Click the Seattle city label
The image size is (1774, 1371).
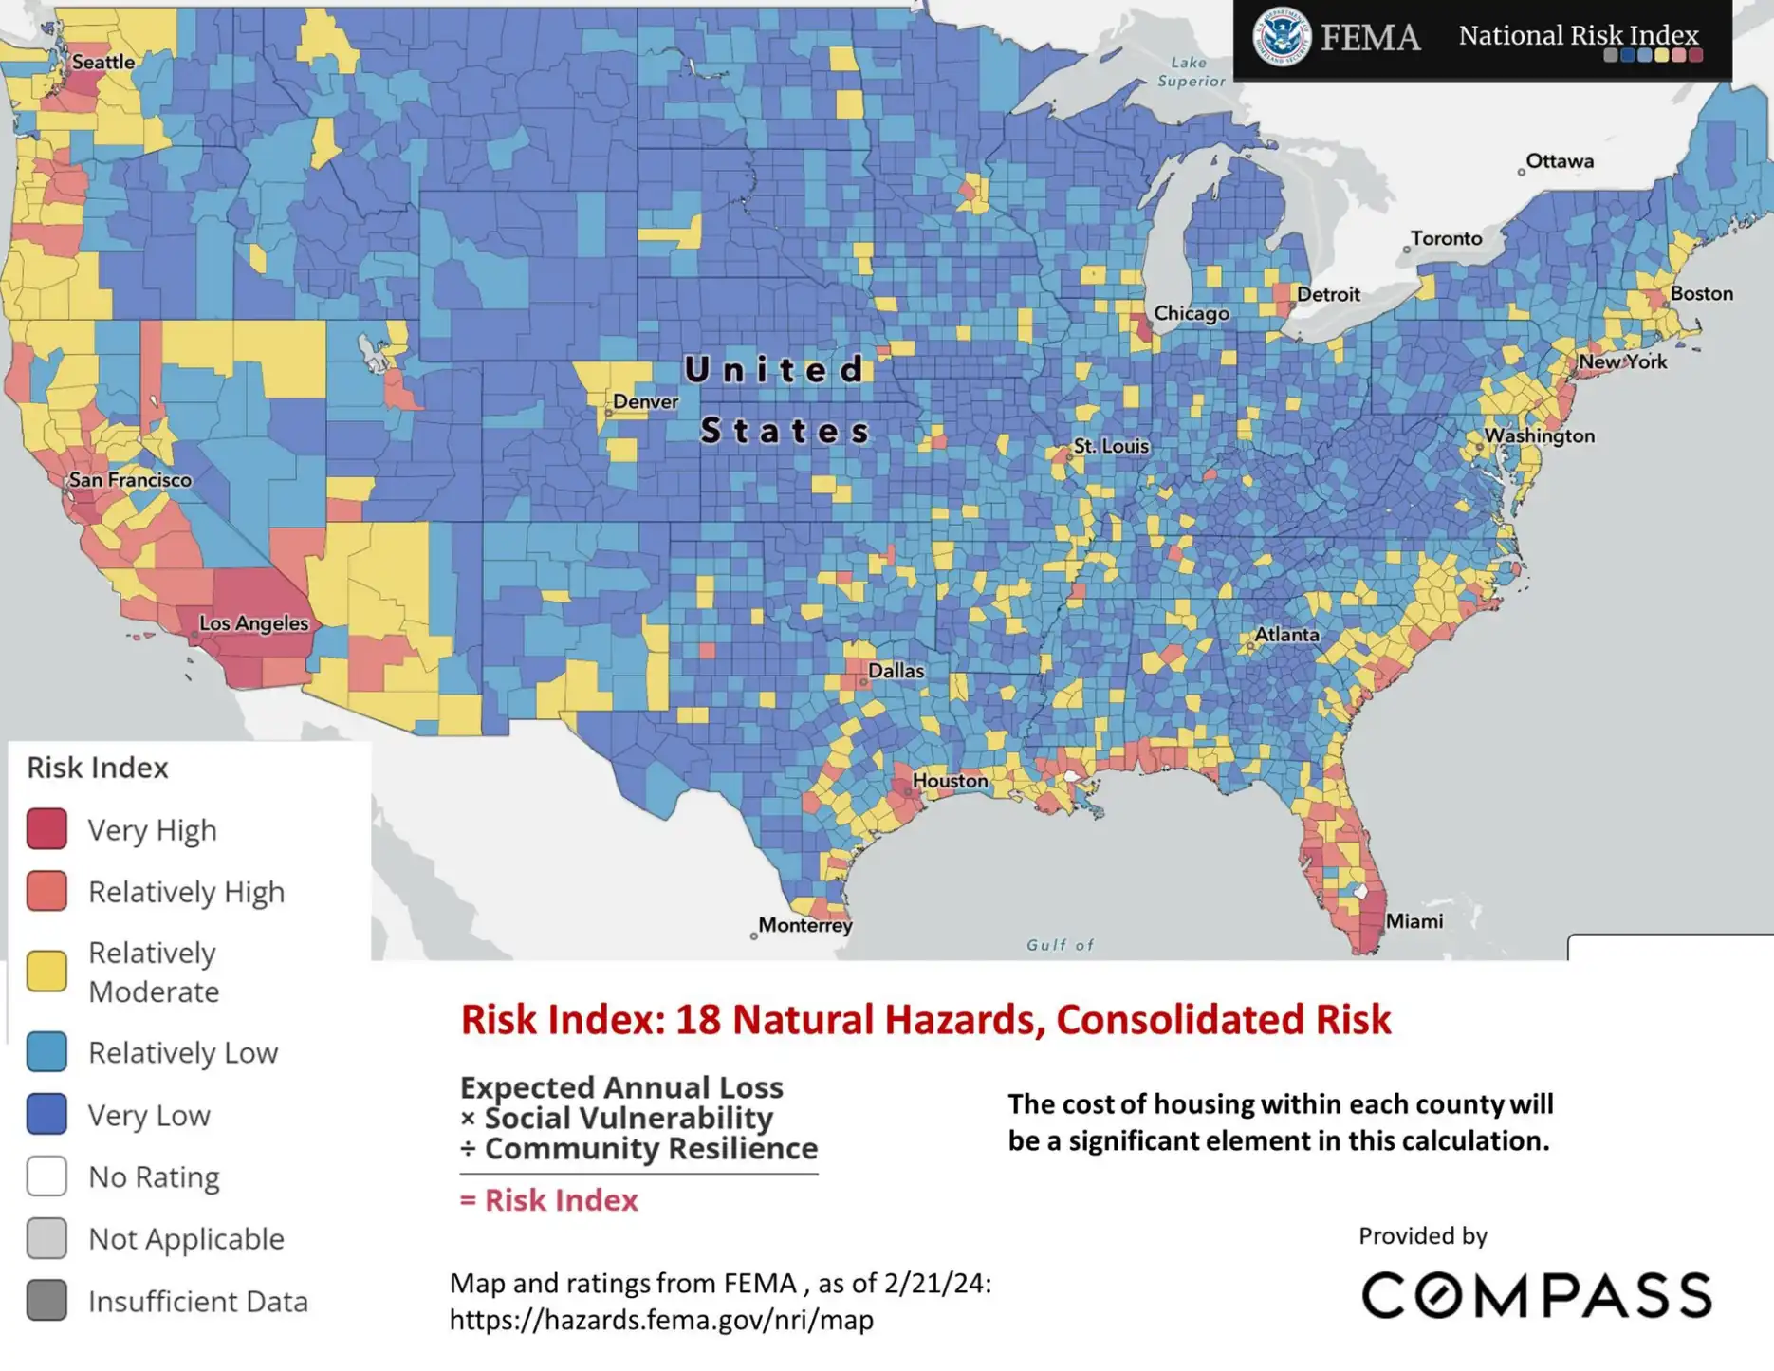pyautogui.click(x=103, y=62)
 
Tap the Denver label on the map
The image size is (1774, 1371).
pyautogui.click(x=645, y=401)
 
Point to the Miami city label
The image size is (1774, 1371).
pyautogui.click(x=1414, y=921)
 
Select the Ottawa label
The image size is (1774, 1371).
pyautogui.click(x=1560, y=161)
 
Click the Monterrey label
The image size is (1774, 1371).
pyautogui.click(x=804, y=925)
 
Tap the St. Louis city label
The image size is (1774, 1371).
pyautogui.click(x=1110, y=446)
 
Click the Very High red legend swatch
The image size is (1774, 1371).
pyautogui.click(x=46, y=829)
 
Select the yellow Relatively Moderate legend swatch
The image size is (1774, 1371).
pyautogui.click(x=46, y=972)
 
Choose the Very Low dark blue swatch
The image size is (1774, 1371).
pyautogui.click(x=46, y=1114)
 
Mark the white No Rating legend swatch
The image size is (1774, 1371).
pyautogui.click(x=46, y=1176)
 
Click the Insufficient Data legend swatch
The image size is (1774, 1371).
pyautogui.click(x=46, y=1300)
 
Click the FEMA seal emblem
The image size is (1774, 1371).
pyautogui.click(x=1281, y=37)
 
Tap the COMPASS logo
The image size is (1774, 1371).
pyautogui.click(x=1536, y=1295)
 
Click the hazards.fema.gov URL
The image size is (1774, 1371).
pyautogui.click(x=661, y=1320)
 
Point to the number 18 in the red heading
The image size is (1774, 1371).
pyautogui.click(x=698, y=1020)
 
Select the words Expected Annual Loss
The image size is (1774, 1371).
pyautogui.click(x=621, y=1087)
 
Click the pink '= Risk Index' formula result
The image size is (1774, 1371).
pyautogui.click(x=549, y=1200)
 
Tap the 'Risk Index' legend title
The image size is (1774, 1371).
pyautogui.click(x=98, y=768)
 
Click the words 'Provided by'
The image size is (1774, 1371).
pyautogui.click(x=1422, y=1236)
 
